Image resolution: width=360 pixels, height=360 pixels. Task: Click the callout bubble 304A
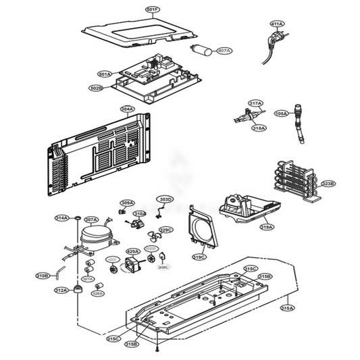point(127,109)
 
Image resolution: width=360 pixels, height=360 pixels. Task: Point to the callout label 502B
point(96,88)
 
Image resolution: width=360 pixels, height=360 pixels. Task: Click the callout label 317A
point(255,103)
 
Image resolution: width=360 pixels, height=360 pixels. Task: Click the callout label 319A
point(267,228)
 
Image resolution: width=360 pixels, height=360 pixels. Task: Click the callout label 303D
point(165,199)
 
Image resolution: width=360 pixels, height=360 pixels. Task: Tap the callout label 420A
point(133,251)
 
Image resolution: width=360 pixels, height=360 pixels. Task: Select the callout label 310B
point(43,276)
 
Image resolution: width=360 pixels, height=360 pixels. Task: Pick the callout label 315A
point(287,307)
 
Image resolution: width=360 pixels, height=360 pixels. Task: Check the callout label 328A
point(97,294)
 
